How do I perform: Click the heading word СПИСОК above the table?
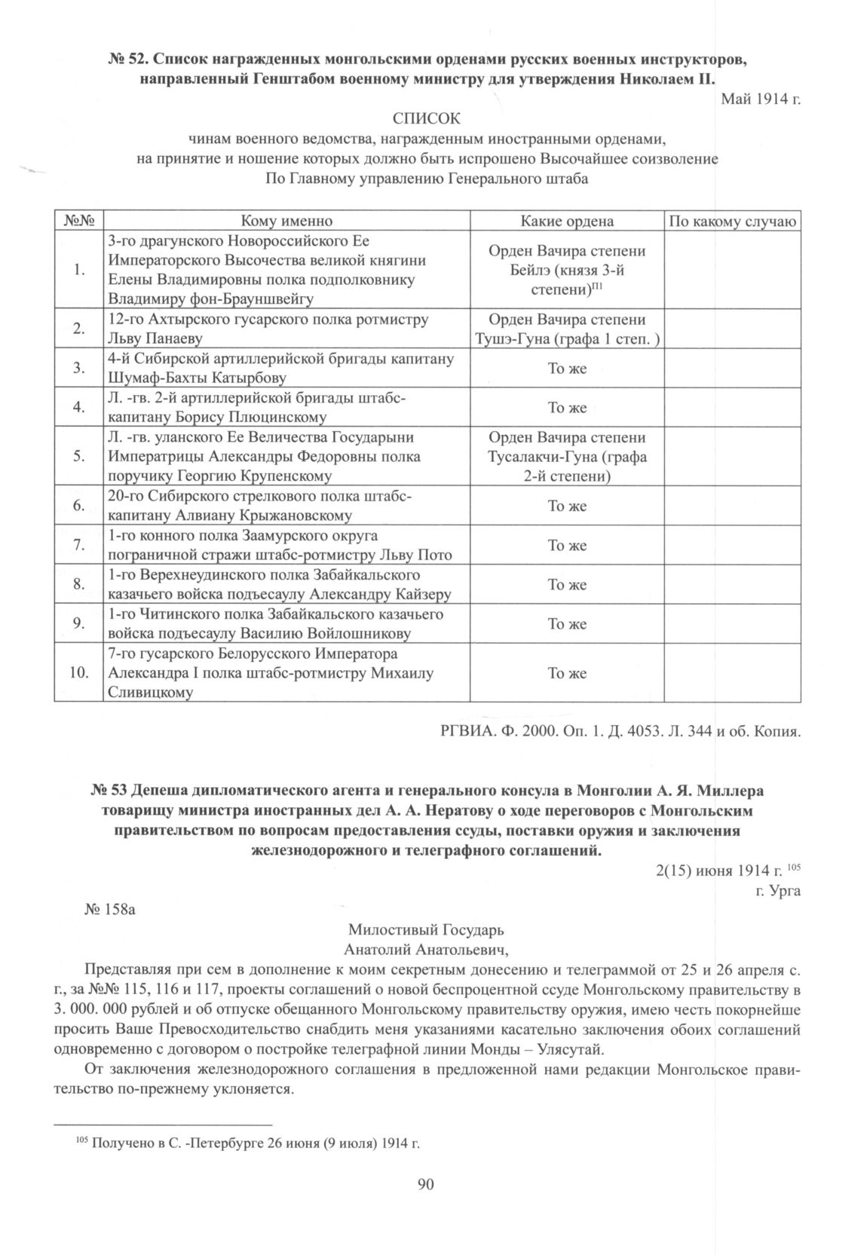coord(425,119)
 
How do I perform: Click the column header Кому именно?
coord(286,221)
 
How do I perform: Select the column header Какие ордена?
coord(567,221)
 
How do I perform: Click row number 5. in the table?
coord(78,456)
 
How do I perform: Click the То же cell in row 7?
coord(567,546)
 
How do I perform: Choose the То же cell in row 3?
coord(567,369)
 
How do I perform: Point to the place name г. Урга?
coord(781,890)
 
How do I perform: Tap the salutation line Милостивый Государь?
coord(426,929)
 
